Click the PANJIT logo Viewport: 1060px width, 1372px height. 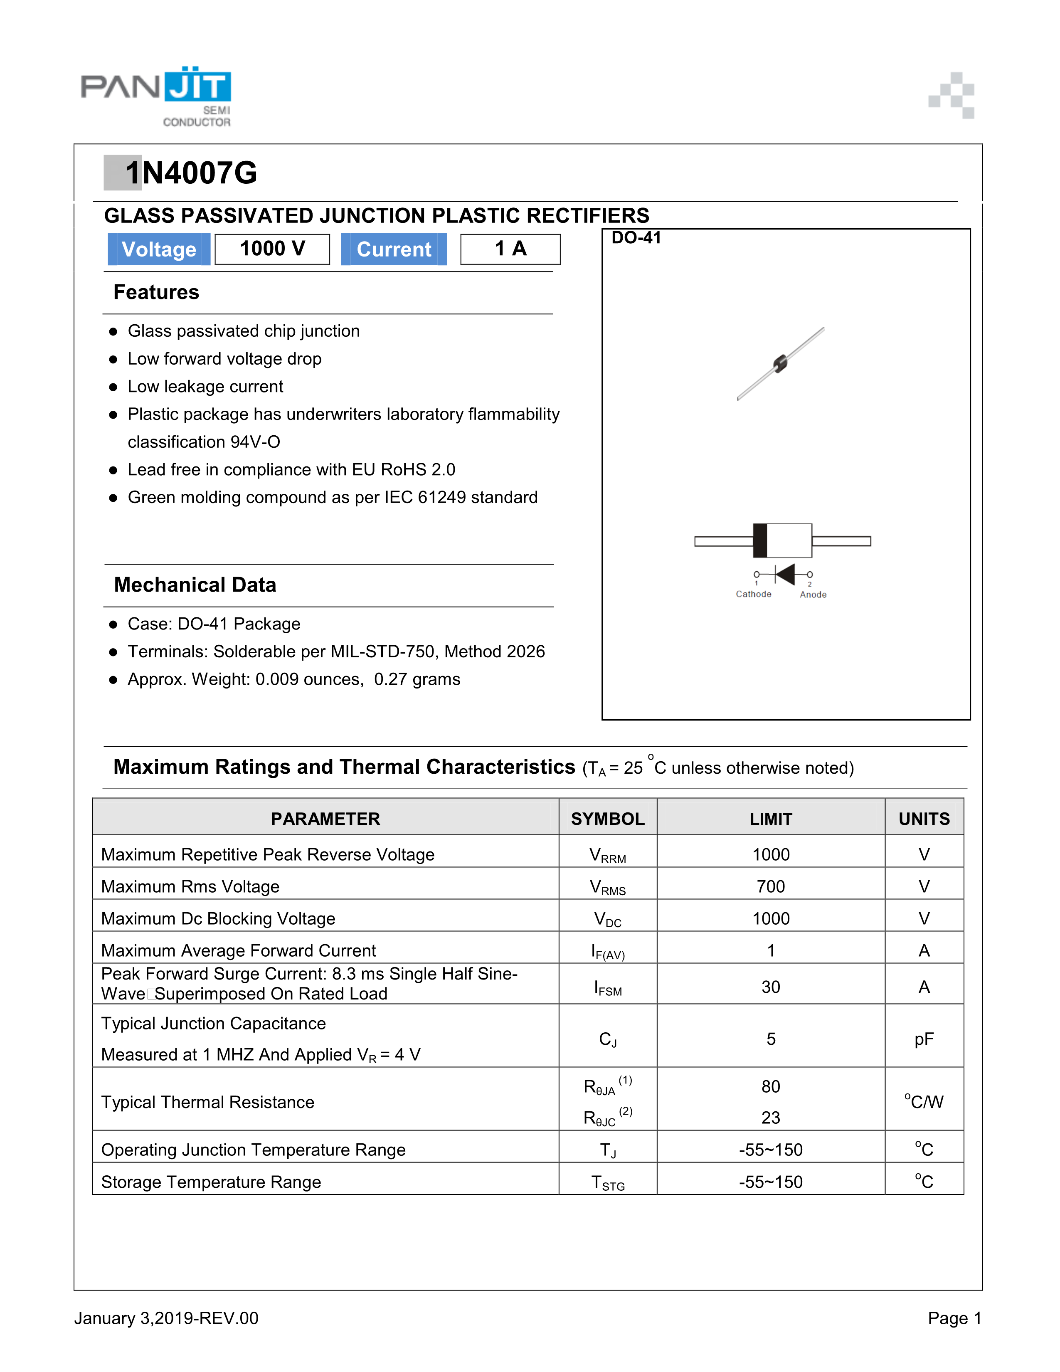tap(156, 96)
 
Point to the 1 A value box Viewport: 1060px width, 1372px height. tap(510, 249)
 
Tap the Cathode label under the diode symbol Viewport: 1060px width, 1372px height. tap(753, 594)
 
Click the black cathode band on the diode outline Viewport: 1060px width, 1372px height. tap(760, 540)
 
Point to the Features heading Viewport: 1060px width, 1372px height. tap(156, 292)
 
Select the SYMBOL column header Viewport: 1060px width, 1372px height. tap(607, 819)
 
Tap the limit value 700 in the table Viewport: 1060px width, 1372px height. tap(771, 886)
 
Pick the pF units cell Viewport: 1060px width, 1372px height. tap(924, 1039)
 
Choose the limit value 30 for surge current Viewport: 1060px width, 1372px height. tap(771, 987)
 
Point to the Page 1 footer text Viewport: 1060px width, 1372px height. tap(954, 1318)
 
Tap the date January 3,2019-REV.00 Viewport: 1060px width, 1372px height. tap(166, 1318)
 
